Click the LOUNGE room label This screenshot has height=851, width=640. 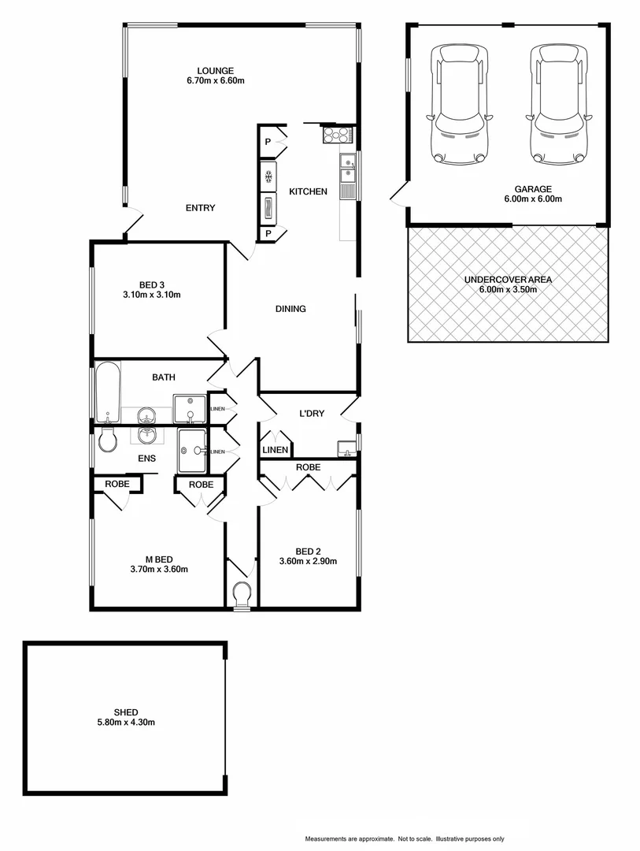[215, 70]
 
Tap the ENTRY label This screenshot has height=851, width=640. [200, 208]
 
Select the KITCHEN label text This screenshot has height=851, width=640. [308, 191]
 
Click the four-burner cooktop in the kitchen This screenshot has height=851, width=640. [337, 136]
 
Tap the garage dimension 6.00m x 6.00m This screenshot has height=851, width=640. [533, 199]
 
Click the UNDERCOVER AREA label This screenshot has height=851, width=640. [508, 280]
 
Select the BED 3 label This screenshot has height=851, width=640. [152, 284]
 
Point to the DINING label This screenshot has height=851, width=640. [290, 309]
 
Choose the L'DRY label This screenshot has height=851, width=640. [313, 414]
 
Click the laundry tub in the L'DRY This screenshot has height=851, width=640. [346, 448]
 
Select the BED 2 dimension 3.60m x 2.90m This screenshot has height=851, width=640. [308, 562]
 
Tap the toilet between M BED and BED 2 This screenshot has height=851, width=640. [242, 593]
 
